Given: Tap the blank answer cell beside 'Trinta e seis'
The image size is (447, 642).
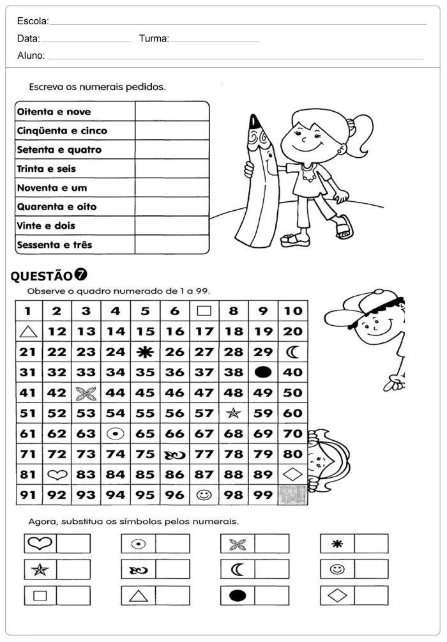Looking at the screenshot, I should point(172,169).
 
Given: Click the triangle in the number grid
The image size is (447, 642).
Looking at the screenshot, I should point(27,331).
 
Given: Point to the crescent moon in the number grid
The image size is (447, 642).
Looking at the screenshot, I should point(293,351).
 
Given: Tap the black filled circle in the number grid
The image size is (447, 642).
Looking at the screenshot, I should point(263,372).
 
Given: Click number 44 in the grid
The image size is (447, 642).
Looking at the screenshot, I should point(116,393).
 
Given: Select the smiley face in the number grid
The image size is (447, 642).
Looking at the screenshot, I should point(204,494).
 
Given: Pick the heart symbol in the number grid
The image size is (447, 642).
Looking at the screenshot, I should point(57,475).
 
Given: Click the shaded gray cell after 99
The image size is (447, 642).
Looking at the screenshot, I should point(292,495).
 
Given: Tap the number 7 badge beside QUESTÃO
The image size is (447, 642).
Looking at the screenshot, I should point(81,275).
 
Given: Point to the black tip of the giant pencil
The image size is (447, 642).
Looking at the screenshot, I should point(254,120).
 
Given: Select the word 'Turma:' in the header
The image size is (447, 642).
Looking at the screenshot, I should point(153,38).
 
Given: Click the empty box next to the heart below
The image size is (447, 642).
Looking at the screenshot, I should point(74,544).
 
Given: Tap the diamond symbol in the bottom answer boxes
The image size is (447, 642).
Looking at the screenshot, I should point(337,595).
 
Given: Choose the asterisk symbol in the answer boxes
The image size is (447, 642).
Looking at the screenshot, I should point(337,544).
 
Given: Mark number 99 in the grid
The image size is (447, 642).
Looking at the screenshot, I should point(263,495).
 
